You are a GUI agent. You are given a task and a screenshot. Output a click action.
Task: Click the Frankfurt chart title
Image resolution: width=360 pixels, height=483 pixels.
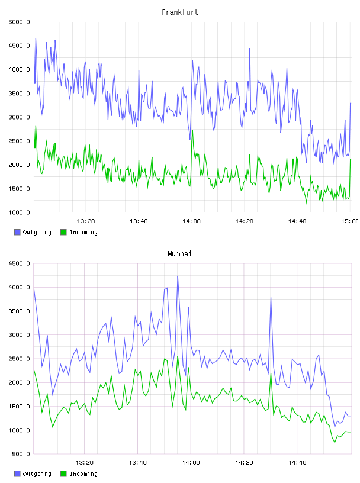(x=180, y=12)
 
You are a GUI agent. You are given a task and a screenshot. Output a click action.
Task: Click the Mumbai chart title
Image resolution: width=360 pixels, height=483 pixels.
(x=179, y=254)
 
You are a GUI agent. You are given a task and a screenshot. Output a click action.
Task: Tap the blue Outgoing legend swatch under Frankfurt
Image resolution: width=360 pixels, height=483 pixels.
(x=17, y=232)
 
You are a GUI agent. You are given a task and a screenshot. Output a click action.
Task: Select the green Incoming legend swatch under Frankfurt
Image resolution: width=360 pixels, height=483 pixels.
(x=63, y=232)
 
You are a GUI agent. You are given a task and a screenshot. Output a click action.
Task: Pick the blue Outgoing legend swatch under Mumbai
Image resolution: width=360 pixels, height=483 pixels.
(x=17, y=474)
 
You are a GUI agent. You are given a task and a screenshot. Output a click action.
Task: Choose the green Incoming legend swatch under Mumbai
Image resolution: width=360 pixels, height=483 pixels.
(x=63, y=474)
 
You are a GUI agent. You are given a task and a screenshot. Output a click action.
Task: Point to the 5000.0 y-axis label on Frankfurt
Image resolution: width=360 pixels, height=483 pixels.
(x=20, y=22)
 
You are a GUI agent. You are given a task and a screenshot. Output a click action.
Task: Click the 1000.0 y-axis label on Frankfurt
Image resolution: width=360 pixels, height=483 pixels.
(x=20, y=212)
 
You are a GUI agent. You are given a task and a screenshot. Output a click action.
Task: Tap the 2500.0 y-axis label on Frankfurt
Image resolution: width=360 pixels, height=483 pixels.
(x=20, y=141)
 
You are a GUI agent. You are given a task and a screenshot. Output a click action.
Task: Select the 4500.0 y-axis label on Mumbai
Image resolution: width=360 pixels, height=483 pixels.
(x=20, y=263)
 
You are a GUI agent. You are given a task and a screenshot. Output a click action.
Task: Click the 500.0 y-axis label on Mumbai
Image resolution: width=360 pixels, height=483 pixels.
(x=21, y=454)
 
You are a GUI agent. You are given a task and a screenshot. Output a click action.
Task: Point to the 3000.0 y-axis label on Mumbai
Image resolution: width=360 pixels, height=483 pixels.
(x=20, y=335)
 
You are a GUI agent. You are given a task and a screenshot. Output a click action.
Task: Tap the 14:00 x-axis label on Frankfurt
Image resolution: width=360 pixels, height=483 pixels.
(x=191, y=221)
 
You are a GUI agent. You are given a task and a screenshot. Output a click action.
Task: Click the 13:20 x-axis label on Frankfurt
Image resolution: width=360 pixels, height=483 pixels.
(x=86, y=221)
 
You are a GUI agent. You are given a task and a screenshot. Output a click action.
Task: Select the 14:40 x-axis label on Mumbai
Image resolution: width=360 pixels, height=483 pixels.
(x=297, y=463)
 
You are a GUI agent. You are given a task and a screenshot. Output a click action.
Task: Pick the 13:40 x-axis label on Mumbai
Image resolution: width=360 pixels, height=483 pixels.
(x=137, y=463)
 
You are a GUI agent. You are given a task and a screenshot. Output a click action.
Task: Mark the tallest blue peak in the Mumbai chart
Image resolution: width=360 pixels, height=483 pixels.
(x=178, y=276)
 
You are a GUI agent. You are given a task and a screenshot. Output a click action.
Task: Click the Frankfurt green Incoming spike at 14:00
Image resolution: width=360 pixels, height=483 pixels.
(x=192, y=131)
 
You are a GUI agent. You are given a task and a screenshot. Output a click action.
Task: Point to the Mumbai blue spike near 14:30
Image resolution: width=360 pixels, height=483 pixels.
(x=271, y=298)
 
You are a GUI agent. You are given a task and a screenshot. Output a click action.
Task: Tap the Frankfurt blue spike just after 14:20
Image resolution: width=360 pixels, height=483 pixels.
(x=250, y=49)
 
